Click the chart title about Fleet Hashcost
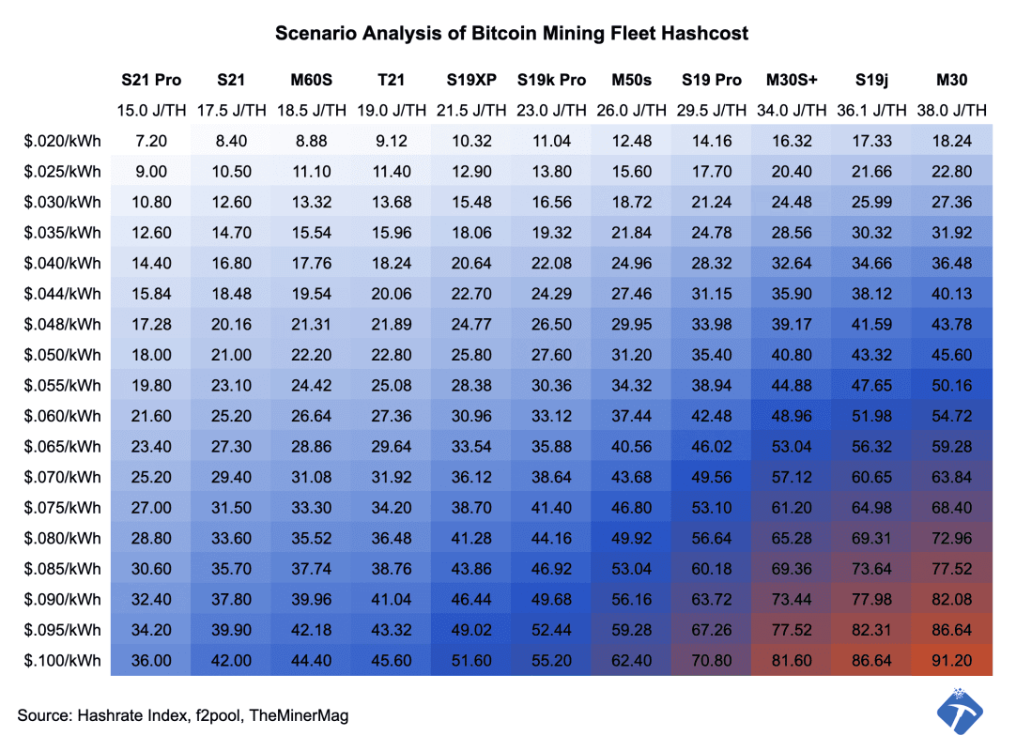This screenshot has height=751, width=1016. [x=512, y=34]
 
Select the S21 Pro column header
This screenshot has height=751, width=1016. [x=151, y=81]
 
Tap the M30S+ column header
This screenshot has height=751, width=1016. [x=792, y=81]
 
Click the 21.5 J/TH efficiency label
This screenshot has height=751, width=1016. [x=472, y=111]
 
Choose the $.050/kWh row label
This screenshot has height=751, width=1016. [x=63, y=355]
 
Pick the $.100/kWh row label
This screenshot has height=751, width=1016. [x=63, y=660]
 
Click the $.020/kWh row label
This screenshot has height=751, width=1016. [x=63, y=142]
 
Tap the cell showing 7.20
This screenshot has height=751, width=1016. [x=151, y=142]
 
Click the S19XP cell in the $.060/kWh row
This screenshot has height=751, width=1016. [x=472, y=416]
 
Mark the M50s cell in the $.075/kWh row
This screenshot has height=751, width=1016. [x=631, y=508]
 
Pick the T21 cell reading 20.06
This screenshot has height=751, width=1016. [x=392, y=294]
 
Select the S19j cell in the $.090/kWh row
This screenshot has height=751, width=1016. [x=872, y=599]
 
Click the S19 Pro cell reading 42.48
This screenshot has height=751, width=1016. [x=711, y=416]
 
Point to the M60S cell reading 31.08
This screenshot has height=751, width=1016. [x=312, y=477]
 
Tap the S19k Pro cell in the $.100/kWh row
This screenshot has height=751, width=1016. [x=552, y=660]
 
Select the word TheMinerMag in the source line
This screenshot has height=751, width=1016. [x=302, y=715]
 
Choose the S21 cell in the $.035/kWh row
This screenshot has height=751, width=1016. [x=232, y=233]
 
